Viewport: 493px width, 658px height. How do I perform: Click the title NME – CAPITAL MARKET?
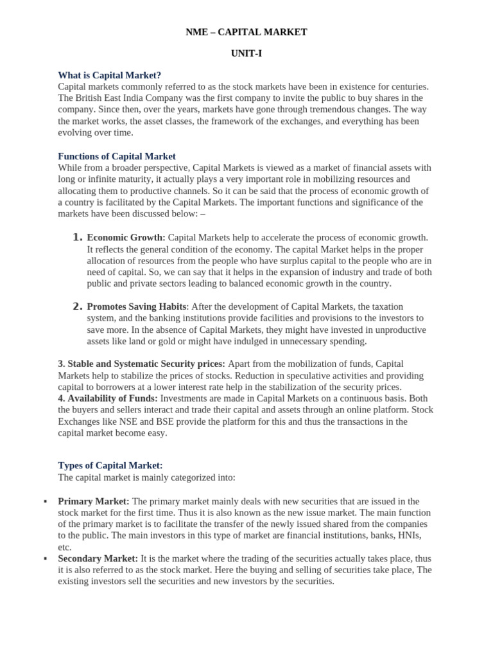coord(246,32)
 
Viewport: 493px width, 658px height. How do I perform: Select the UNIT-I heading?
coord(246,54)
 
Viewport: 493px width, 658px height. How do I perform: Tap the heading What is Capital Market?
coord(110,75)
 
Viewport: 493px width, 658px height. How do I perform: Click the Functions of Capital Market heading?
coord(117,156)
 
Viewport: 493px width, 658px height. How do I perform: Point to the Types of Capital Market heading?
coord(110,465)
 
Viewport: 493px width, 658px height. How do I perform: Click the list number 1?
coord(78,238)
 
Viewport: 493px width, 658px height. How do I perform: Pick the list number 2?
coord(78,307)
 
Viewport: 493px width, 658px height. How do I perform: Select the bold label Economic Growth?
coord(126,238)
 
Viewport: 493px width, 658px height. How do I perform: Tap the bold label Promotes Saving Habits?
coord(137,307)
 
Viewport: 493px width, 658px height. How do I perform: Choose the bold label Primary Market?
coord(94,501)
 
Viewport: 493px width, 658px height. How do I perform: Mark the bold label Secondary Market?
coord(98,558)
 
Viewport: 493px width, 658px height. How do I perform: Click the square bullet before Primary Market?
coord(45,501)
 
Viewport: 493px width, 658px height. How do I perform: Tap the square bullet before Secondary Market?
coord(45,558)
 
